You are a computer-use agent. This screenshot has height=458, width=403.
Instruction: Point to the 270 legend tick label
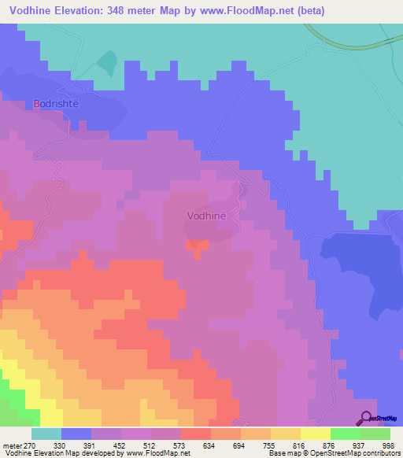coord(30,445)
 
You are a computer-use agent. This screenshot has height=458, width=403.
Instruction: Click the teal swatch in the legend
coord(46,434)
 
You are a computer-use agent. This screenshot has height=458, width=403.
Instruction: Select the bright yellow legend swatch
coord(315,434)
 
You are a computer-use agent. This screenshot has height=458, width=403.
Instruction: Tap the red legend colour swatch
coord(195,434)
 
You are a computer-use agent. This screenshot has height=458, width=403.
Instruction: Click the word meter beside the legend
coord(12,445)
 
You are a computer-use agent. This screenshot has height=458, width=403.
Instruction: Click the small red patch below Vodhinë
coord(197,246)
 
